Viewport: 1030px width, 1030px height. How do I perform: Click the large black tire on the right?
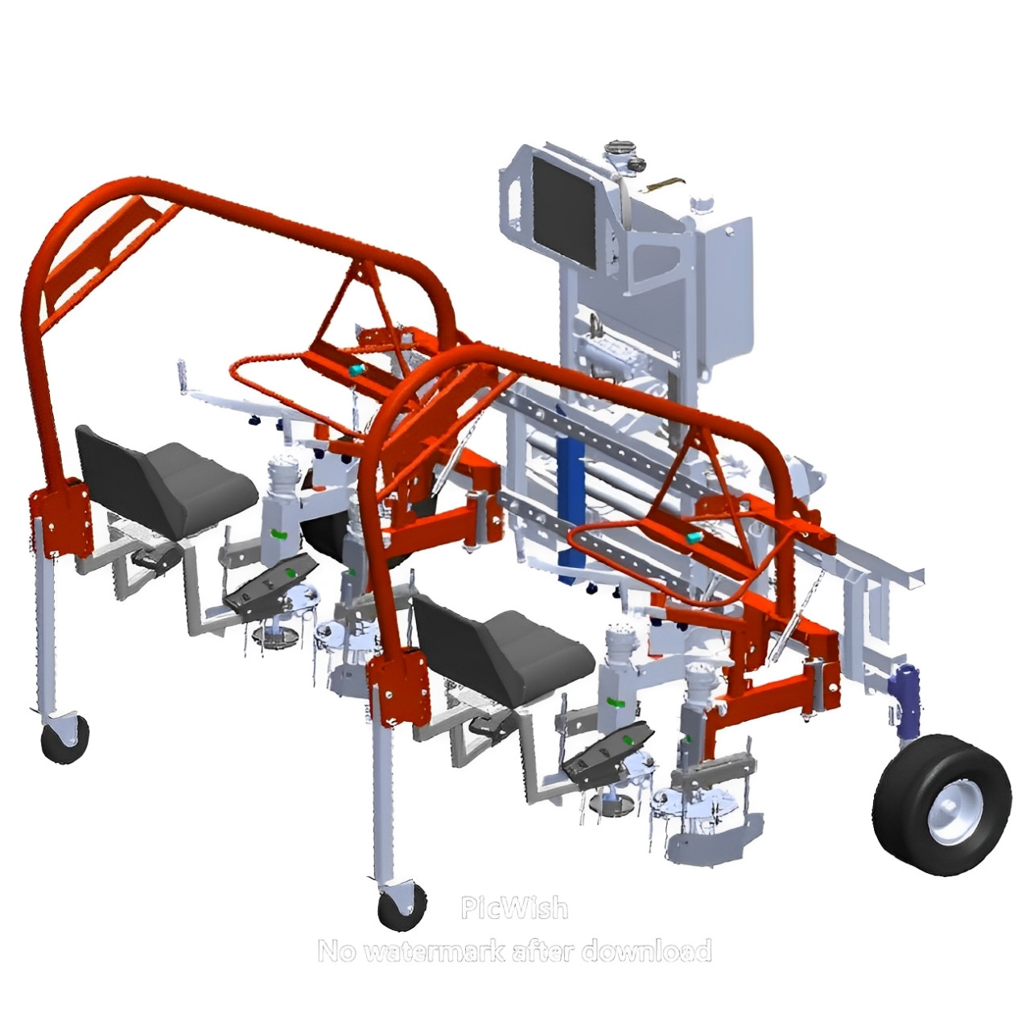(941, 806)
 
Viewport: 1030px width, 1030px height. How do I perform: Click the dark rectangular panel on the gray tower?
(565, 213)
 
